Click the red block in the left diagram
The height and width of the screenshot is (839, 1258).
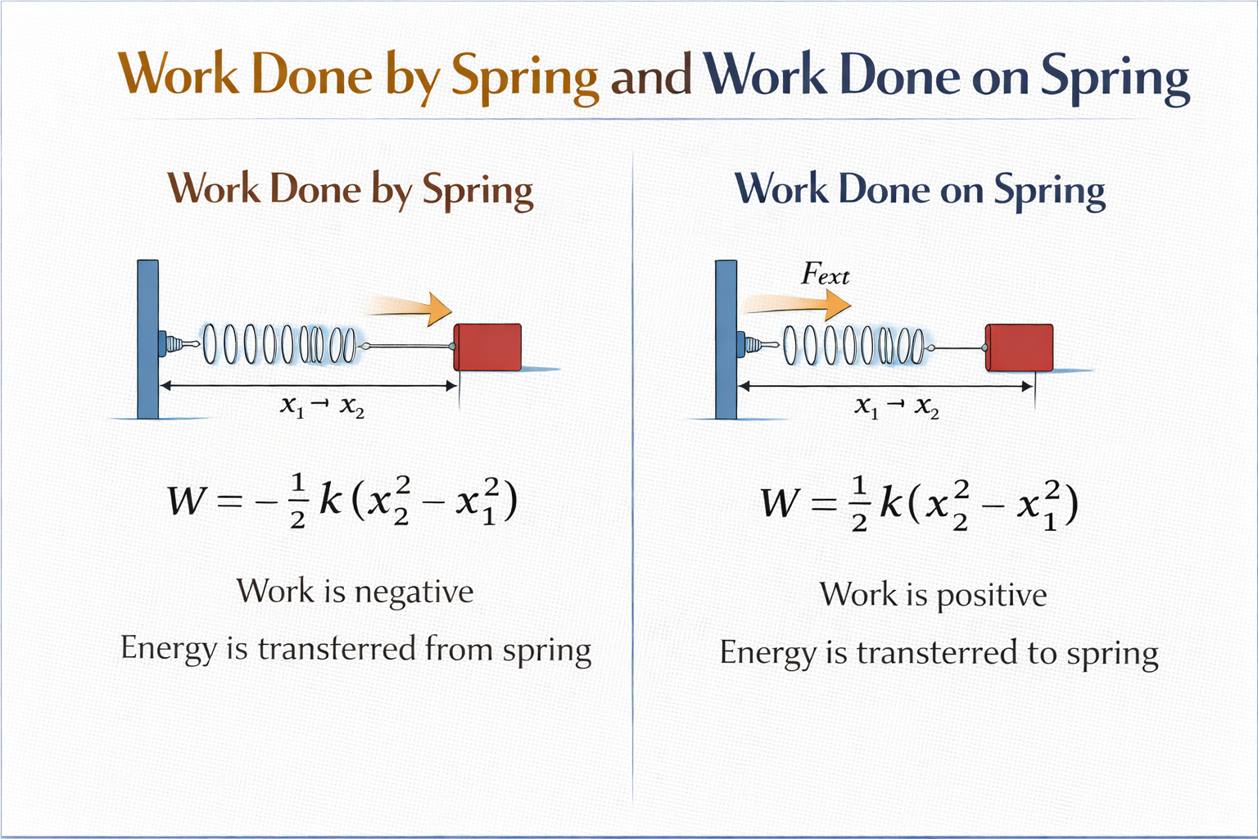[488, 347]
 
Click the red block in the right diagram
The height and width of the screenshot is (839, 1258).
[1019, 347]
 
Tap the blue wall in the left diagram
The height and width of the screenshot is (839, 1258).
[148, 338]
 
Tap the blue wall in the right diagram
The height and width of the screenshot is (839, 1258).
[726, 338]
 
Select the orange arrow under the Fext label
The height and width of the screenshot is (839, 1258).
[799, 305]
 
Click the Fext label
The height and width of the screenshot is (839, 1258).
[825, 274]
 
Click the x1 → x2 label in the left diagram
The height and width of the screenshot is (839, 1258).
[322, 406]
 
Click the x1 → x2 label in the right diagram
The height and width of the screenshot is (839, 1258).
[897, 406]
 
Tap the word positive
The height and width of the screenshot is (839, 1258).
[991, 596]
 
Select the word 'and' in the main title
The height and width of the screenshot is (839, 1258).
[651, 76]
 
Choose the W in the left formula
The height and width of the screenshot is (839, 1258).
[185, 501]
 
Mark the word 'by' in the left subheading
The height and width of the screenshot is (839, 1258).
[391, 190]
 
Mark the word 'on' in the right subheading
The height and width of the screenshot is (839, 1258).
[962, 191]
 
